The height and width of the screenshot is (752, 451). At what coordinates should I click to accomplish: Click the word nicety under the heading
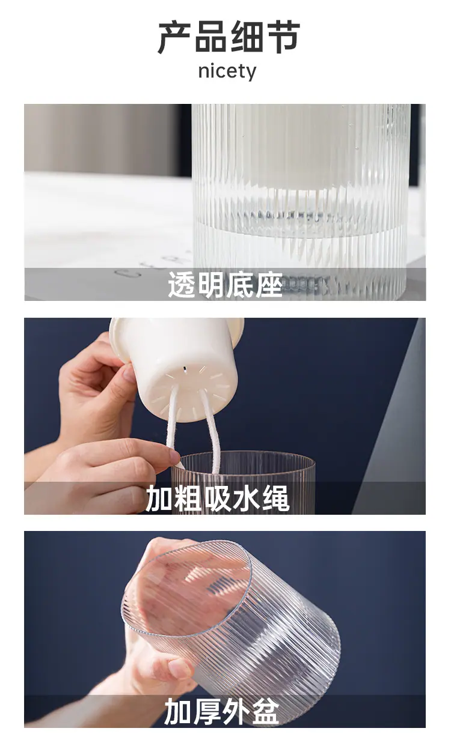[x=227, y=71]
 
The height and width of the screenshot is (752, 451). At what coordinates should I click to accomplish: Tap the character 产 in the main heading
[x=174, y=37]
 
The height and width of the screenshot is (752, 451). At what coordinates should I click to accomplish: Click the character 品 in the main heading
[x=210, y=37]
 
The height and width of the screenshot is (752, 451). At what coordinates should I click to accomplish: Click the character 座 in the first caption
[x=269, y=285]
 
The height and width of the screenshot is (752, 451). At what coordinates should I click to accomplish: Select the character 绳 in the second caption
[x=275, y=499]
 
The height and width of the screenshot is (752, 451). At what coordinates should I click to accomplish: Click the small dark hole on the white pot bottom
[x=184, y=369]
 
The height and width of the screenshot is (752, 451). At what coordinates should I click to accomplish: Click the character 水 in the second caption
[x=247, y=499]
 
